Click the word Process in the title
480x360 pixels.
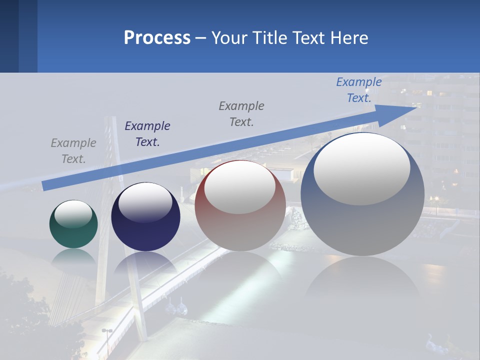point(157,38)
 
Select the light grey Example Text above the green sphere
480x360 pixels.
point(73,151)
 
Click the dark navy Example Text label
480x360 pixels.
point(147,134)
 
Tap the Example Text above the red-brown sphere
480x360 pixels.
point(241,114)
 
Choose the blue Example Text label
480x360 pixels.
point(359,90)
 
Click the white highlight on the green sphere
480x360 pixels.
point(73,214)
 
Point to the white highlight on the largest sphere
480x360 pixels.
point(362,168)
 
